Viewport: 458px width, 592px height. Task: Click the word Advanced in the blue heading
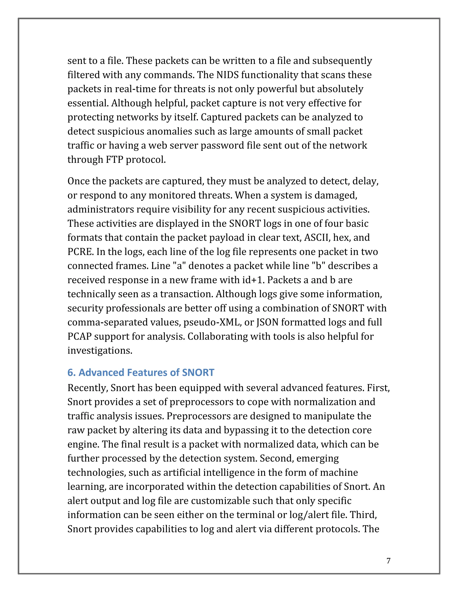point(102,372)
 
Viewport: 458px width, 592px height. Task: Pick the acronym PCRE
point(80,252)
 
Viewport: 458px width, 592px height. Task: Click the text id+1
point(253,280)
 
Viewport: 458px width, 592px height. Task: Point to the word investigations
point(100,351)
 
